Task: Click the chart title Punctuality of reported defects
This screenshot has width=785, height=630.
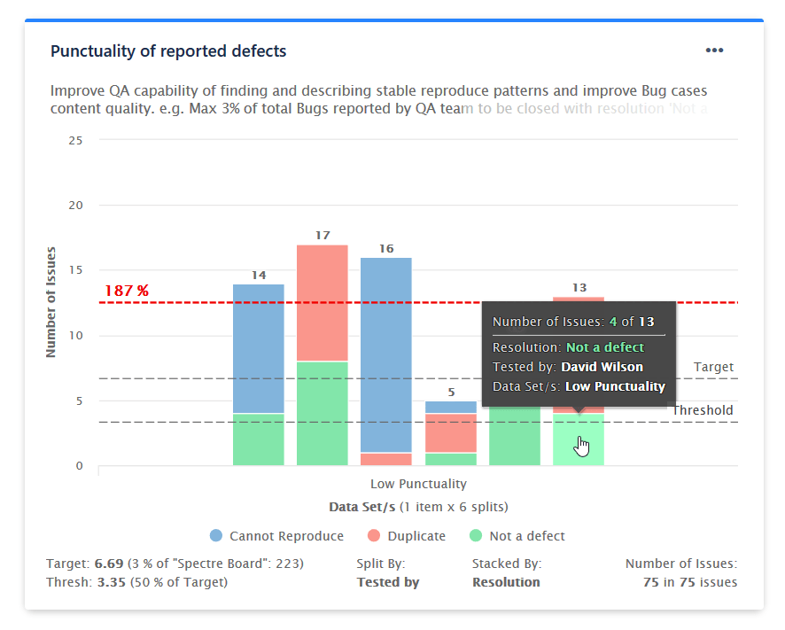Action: (x=168, y=51)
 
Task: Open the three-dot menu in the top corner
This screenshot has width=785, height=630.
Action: (x=714, y=51)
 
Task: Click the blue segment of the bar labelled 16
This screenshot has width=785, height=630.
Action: (x=386, y=354)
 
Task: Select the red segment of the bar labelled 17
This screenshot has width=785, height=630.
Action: (x=323, y=302)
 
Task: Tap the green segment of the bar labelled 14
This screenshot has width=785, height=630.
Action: (x=259, y=439)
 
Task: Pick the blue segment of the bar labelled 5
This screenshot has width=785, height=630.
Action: (x=450, y=408)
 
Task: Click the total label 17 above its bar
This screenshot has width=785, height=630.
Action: (x=323, y=236)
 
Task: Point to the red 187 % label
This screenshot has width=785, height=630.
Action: (x=127, y=291)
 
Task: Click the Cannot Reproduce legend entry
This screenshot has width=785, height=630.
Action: (x=276, y=536)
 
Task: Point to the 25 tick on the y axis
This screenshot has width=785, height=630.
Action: (x=75, y=140)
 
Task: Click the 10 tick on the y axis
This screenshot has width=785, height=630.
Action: (x=75, y=336)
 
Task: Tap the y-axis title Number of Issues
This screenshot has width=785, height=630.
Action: (x=51, y=302)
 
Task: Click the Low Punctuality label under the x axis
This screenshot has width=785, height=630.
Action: (x=418, y=484)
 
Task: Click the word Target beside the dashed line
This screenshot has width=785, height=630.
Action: (x=713, y=367)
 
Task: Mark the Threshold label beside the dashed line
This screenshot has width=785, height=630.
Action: (x=703, y=410)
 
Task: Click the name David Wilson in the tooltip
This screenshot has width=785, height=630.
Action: (x=602, y=367)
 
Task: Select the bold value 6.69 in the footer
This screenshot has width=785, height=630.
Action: (x=110, y=564)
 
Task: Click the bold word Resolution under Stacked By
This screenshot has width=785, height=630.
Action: (x=506, y=582)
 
